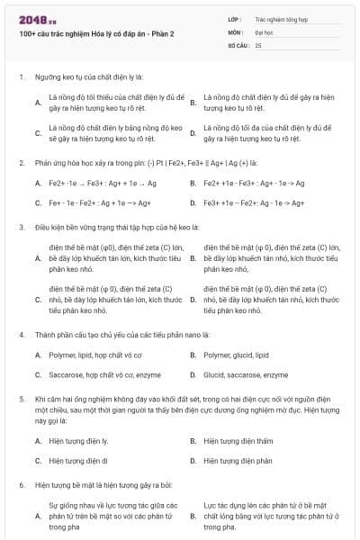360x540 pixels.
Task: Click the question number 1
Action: pos(21,77)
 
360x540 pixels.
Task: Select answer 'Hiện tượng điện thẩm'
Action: pos(238,441)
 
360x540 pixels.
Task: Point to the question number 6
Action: pos(21,484)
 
